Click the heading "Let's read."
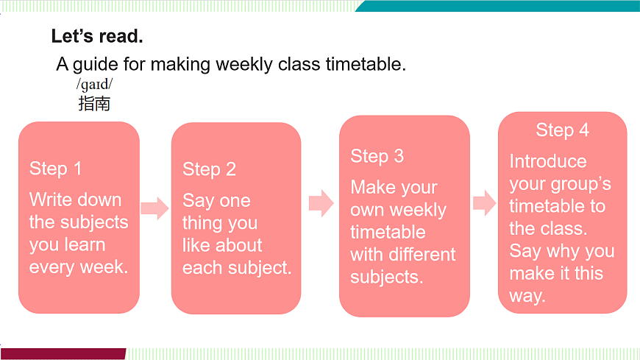[97, 36]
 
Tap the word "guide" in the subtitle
[96, 65]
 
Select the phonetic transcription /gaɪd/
[94, 85]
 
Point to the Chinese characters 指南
[94, 103]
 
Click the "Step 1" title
[55, 169]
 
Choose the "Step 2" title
[209, 169]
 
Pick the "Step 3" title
[377, 156]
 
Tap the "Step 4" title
[563, 130]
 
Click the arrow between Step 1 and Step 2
[154, 208]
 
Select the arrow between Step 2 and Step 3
[321, 203]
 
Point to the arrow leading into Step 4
[485, 202]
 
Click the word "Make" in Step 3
[373, 187]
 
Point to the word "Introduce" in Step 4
[548, 161]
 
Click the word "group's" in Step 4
[581, 185]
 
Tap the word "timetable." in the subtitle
[366, 64]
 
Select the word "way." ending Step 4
[527, 296]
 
